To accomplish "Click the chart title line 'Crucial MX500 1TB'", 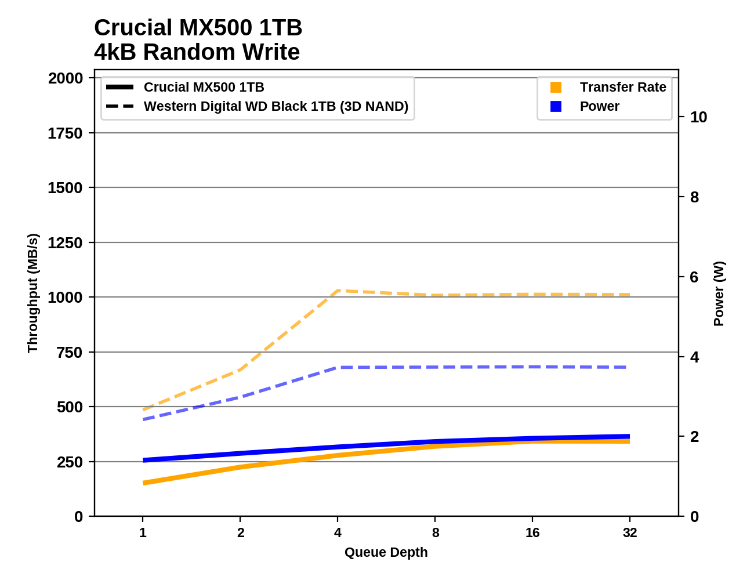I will pos(198,28).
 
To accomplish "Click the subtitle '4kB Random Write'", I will pos(197,52).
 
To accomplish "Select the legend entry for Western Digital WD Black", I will pos(275,107).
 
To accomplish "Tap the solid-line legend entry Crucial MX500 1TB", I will pos(204,88).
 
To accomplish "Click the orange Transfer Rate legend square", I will pos(556,88).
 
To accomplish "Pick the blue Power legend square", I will pos(556,107).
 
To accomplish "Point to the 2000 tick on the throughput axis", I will pos(65,78).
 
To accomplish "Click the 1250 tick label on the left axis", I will pos(65,243).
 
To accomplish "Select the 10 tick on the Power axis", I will pos(698,117).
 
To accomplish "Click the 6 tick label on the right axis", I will pos(694,277).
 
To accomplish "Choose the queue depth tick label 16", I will pos(532,533).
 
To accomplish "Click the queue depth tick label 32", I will pos(630,533).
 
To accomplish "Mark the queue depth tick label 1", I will pos(143,533).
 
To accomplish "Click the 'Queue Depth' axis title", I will pos(386,553).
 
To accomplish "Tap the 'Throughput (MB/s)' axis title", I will pos(32,293).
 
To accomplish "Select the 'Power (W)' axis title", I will pos(719,293).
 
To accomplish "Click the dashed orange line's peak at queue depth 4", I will pos(338,291).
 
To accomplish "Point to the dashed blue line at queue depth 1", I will pos(143,419).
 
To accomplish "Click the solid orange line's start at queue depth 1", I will pos(143,483).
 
